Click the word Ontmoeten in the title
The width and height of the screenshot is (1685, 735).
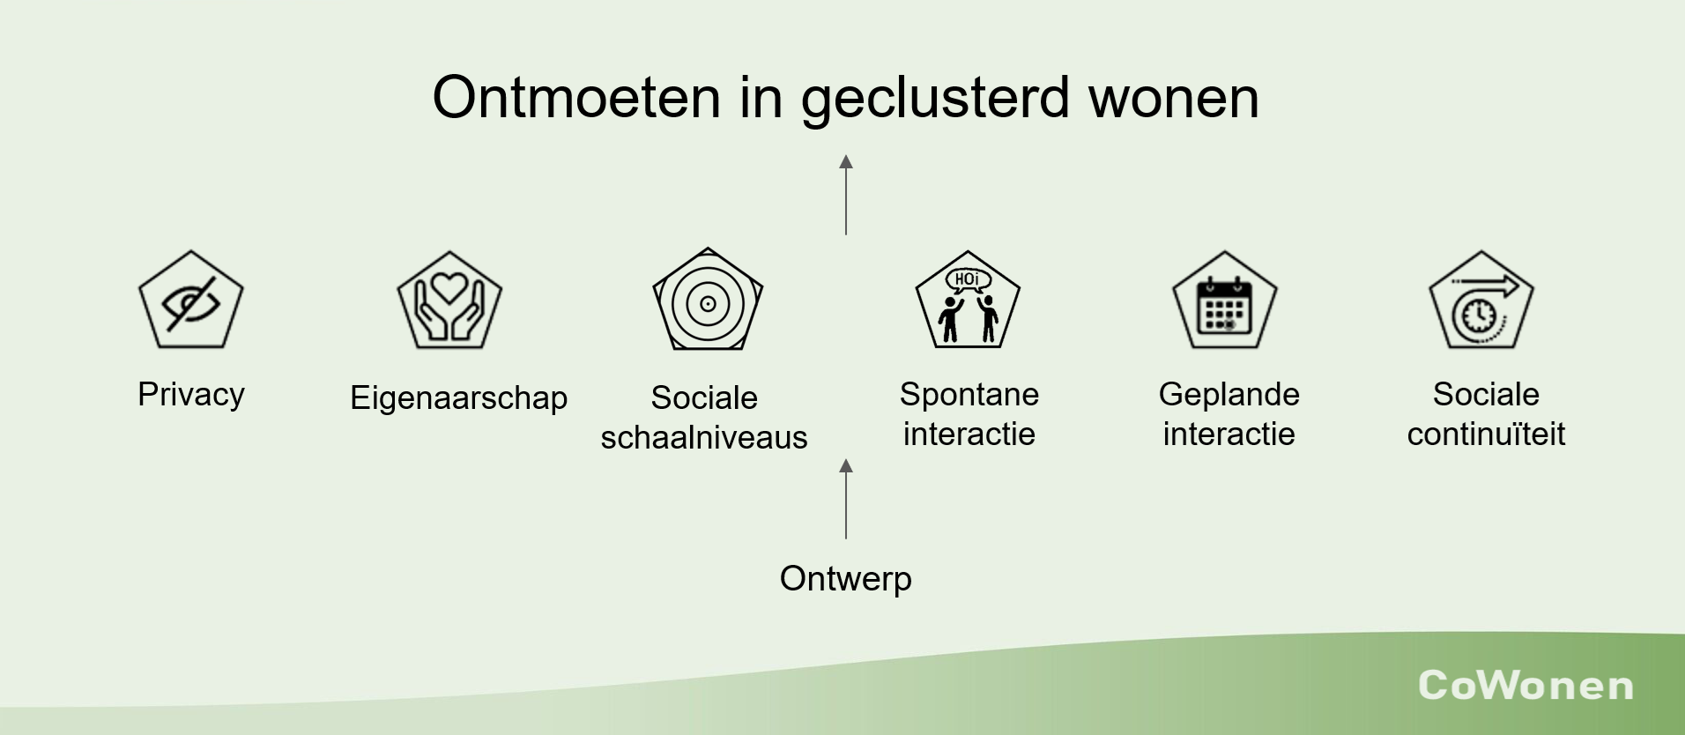[x=576, y=97]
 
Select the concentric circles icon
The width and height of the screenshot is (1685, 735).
[x=708, y=304]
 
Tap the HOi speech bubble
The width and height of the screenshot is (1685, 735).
[x=968, y=280]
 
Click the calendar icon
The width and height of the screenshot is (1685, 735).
[x=1224, y=306]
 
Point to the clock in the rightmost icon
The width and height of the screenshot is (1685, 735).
[x=1480, y=315]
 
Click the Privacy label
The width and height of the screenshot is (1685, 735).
[x=191, y=395]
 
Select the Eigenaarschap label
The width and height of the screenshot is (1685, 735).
[x=459, y=398]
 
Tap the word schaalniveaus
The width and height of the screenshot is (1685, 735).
[x=704, y=437]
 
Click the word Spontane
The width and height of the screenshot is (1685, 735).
[x=969, y=395]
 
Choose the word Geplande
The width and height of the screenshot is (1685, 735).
[x=1229, y=395]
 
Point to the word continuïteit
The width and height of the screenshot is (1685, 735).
[x=1487, y=434]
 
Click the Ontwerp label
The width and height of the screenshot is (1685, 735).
[x=846, y=579]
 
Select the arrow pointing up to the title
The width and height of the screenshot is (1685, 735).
[x=846, y=195]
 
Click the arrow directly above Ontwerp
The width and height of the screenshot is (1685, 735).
[x=846, y=499]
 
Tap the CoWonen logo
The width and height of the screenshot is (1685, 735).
[x=1525, y=686]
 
